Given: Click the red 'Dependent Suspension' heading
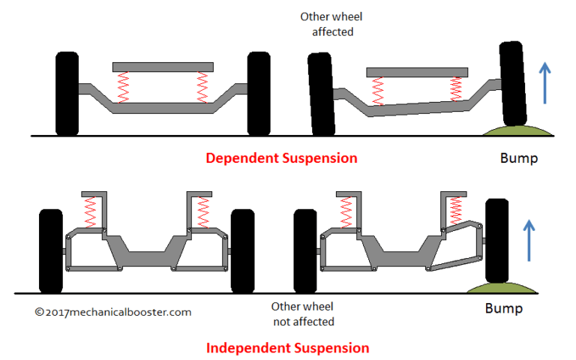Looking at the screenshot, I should tap(281, 158).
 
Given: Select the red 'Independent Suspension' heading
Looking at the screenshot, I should tap(288, 348).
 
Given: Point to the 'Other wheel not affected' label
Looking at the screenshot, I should tap(302, 314).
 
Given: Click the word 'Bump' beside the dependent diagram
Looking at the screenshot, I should tap(518, 159).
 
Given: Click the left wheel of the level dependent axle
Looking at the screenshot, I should tap(67, 94).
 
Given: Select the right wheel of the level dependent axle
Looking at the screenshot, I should tap(258, 94).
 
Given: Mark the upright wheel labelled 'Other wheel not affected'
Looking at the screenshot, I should tap(304, 250).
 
